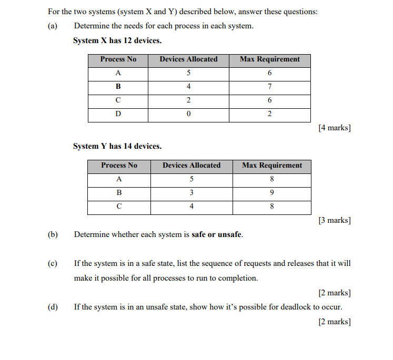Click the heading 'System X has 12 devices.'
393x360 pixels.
click(x=117, y=40)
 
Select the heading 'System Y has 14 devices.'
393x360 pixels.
click(x=117, y=146)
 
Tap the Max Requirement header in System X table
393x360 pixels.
click(x=270, y=59)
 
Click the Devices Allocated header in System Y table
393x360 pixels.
click(x=192, y=166)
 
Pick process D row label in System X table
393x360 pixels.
click(x=118, y=114)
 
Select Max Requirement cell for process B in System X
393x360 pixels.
click(x=270, y=87)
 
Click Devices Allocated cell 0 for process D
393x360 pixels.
click(x=188, y=114)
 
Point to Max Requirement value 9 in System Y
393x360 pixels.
click(x=272, y=193)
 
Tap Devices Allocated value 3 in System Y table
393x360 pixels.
click(x=192, y=193)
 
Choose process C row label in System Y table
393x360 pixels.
click(x=119, y=207)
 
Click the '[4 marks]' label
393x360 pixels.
click(x=335, y=128)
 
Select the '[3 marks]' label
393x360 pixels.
click(x=335, y=220)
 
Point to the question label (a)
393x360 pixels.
click(x=52, y=26)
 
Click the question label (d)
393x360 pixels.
click(x=52, y=307)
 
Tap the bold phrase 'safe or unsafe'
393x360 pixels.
click(x=217, y=234)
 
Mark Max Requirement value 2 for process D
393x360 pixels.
click(x=270, y=114)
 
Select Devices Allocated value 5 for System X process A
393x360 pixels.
click(x=188, y=73)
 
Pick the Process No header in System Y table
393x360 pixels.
click(x=119, y=166)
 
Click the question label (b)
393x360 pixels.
click(x=52, y=234)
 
